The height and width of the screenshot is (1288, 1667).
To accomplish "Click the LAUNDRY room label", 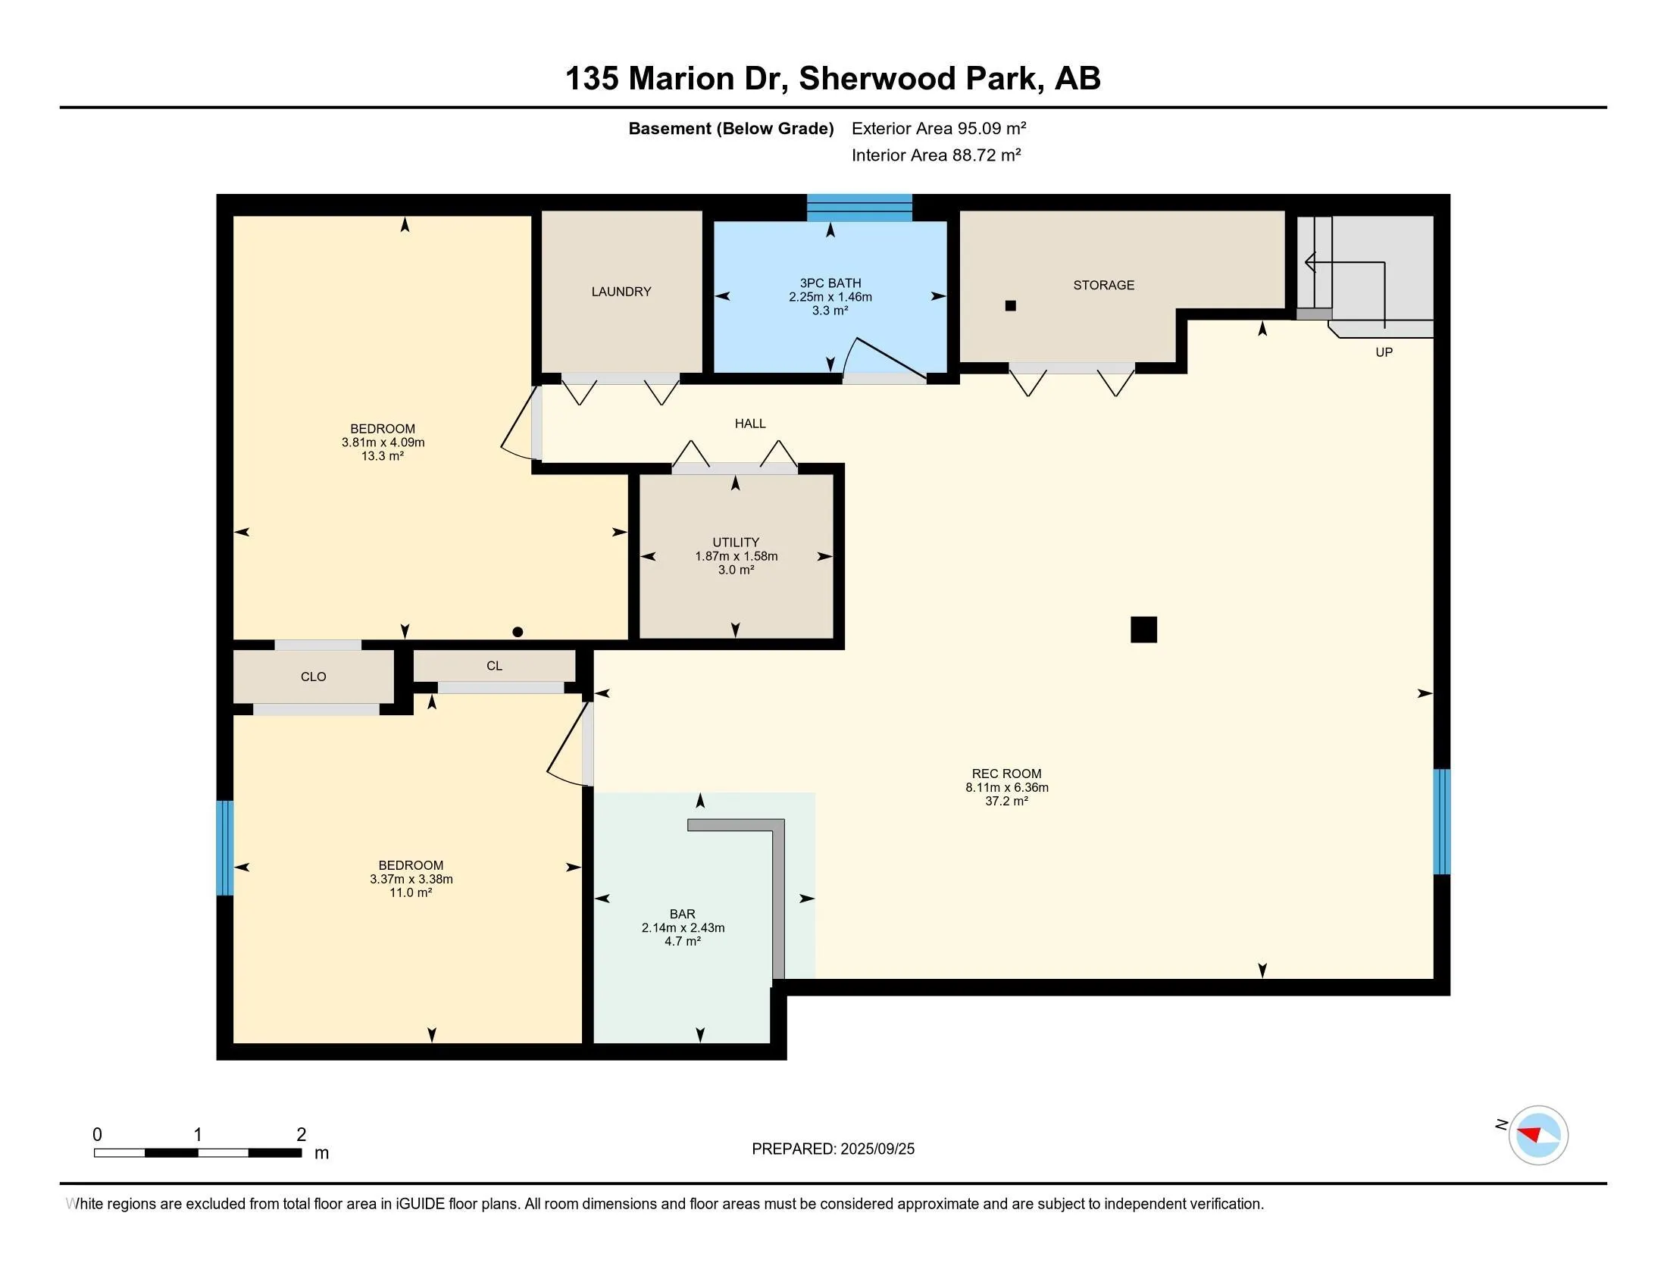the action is (x=621, y=292).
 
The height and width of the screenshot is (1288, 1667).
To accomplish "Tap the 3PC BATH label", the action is (x=830, y=283).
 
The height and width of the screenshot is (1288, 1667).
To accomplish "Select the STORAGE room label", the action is (x=1104, y=286).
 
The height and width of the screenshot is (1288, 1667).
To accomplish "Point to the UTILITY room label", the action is (x=736, y=542).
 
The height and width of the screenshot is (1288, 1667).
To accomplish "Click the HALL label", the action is (x=750, y=424).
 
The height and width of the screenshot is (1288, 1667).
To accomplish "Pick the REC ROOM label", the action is (x=1007, y=774).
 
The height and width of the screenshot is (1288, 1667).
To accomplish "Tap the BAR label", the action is (x=683, y=914).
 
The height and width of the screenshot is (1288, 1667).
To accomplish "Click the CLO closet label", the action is (x=313, y=677).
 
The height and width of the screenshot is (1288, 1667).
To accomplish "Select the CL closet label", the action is (x=495, y=666).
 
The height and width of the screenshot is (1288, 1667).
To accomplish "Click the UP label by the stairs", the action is (x=1384, y=352).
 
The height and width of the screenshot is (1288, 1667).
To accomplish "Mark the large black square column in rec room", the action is (x=1143, y=630).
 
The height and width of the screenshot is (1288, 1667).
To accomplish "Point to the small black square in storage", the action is (x=1011, y=305).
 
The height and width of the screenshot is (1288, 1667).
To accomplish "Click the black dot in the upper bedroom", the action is (x=518, y=632).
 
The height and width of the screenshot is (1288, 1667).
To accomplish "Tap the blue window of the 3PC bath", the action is (x=859, y=208).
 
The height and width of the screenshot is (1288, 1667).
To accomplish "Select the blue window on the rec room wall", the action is (x=1441, y=822).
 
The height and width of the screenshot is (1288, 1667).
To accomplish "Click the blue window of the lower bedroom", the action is (x=224, y=848).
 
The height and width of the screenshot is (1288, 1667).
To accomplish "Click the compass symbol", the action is (x=1538, y=1135).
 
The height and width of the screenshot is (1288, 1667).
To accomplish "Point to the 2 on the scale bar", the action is (x=302, y=1135).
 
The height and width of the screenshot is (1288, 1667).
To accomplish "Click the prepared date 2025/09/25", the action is (x=877, y=1149).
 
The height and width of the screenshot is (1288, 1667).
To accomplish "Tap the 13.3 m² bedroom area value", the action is (x=383, y=456).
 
